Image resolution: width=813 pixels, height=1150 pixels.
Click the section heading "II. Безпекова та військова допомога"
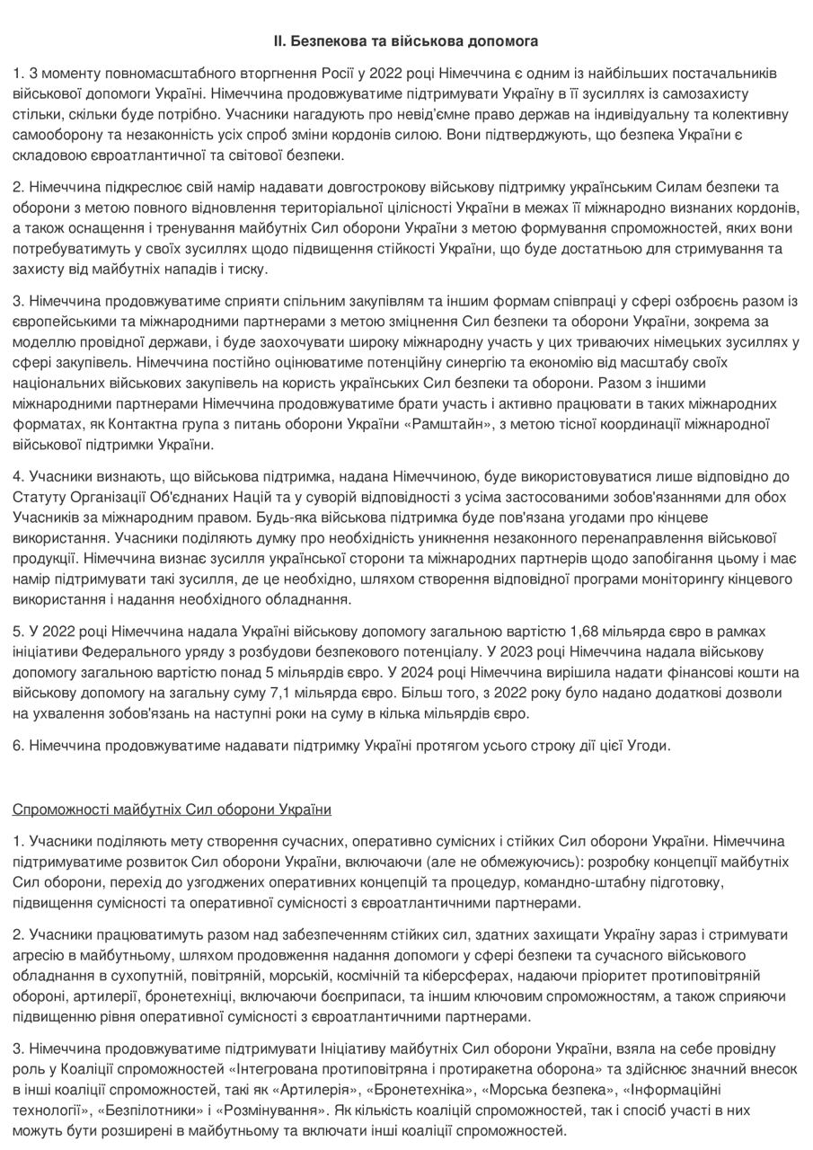(x=406, y=41)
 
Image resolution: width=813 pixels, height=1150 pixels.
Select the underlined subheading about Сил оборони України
(x=172, y=809)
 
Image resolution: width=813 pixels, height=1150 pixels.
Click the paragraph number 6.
(x=17, y=745)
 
